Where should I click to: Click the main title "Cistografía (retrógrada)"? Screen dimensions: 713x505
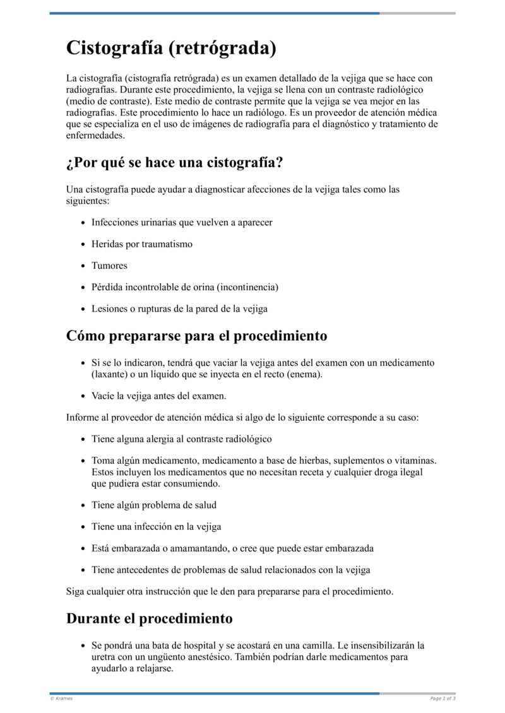[x=171, y=48]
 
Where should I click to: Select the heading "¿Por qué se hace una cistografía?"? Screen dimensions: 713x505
[x=174, y=163]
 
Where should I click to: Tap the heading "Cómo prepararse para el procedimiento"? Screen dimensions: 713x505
[x=196, y=336]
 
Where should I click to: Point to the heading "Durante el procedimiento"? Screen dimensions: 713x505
[x=149, y=618]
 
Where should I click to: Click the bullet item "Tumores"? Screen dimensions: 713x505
[x=109, y=266]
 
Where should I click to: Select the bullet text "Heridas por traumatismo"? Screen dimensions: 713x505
[x=142, y=244]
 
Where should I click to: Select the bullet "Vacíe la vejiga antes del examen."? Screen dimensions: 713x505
[x=158, y=396]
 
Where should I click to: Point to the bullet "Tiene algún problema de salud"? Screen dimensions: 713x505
[x=154, y=505]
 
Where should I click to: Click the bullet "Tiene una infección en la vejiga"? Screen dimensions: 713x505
[x=156, y=526]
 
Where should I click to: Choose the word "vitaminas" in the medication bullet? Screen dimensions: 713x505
[x=415, y=461]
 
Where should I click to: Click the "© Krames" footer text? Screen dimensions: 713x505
[x=61, y=698]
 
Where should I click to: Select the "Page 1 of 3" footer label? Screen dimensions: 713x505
[x=443, y=698]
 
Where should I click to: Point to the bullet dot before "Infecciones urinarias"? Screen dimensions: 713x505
[x=84, y=223]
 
